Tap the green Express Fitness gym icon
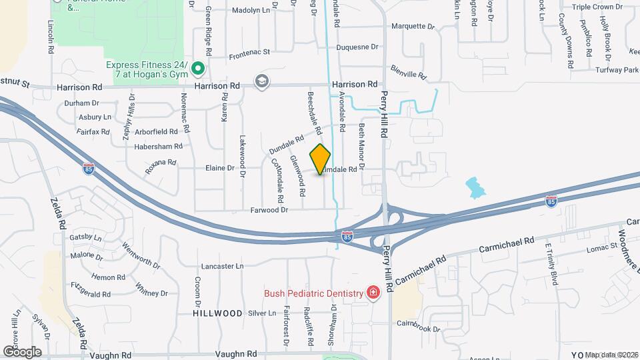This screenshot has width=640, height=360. pos(197,68)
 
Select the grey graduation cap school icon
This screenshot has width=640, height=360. pos(262,82)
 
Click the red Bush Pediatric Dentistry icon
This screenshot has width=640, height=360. pos(373,293)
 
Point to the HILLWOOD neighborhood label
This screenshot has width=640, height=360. pos(217,313)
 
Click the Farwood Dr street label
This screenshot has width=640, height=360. pos(269,210)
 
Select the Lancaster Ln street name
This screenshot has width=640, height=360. pos(223,266)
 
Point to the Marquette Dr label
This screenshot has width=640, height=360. pos(412,27)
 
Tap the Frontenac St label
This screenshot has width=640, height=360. pos(249,51)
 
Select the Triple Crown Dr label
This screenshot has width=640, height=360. pos(597,7)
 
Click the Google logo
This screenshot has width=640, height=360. pos(21,351)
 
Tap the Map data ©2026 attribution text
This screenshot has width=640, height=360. pos(611,354)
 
